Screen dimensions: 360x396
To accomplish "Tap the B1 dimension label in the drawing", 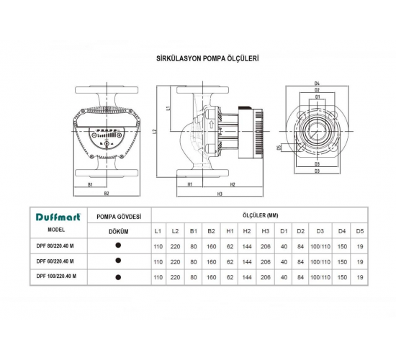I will point(90,184).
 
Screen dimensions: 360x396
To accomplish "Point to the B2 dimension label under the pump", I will point(106,193).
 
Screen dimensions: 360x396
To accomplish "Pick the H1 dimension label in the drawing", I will point(189,184).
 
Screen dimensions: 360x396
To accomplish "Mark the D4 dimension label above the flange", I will point(317,84).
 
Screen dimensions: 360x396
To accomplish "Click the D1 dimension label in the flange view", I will point(317,96).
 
